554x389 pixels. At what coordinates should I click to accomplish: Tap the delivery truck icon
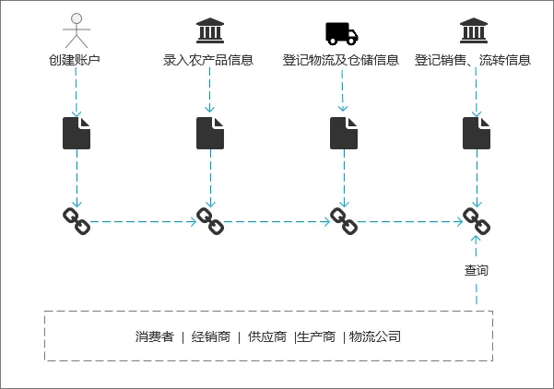341,33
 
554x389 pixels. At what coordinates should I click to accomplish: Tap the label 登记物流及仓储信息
341,61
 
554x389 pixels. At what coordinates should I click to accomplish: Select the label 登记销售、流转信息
473,61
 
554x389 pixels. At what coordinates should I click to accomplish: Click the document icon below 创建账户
77,133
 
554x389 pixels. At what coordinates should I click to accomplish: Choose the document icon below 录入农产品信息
210,133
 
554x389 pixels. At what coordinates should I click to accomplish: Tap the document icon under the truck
344,133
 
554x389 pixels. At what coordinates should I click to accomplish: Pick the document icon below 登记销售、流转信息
477,133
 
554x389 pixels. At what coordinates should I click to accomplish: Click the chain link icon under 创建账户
77,221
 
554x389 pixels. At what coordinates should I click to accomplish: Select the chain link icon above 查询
477,221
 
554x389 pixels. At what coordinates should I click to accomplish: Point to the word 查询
477,271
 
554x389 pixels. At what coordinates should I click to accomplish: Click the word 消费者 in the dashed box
154,336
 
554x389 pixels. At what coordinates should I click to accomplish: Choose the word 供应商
267,336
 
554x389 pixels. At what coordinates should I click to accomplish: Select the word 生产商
316,336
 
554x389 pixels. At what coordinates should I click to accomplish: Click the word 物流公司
375,336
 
